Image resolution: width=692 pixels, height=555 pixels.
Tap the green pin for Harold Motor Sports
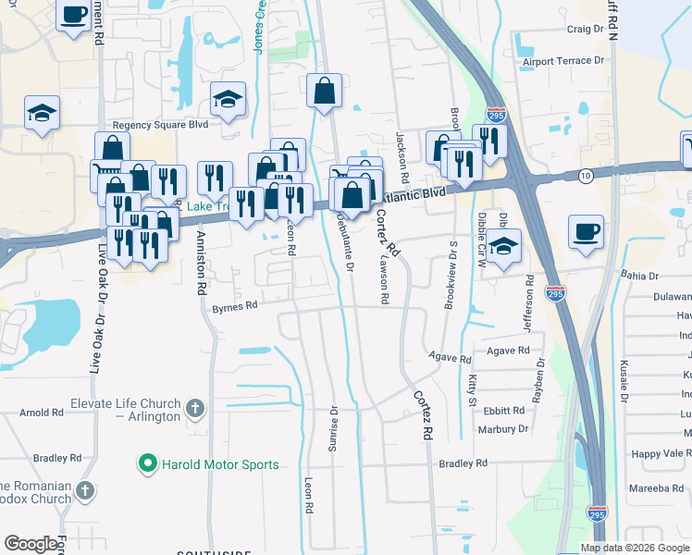click(146, 463)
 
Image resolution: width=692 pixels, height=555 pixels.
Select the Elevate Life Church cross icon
click(194, 408)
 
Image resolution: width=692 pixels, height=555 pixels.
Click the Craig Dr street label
click(585, 30)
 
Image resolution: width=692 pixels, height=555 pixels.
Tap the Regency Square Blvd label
click(160, 125)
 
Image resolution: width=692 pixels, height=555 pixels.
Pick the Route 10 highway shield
click(586, 175)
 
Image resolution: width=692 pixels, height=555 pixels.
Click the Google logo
click(31, 544)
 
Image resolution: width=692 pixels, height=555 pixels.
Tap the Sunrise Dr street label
click(333, 427)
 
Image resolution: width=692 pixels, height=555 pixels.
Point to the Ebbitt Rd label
click(503, 412)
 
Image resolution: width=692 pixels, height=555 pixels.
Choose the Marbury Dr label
click(503, 429)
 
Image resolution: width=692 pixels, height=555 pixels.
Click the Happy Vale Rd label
click(661, 453)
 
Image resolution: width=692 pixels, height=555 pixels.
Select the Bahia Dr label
click(639, 276)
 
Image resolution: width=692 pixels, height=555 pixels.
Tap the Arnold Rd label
click(40, 412)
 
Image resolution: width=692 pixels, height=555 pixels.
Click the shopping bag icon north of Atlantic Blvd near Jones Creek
click(325, 91)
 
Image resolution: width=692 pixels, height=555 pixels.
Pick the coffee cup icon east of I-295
click(586, 232)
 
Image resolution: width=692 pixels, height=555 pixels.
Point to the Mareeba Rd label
click(659, 488)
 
